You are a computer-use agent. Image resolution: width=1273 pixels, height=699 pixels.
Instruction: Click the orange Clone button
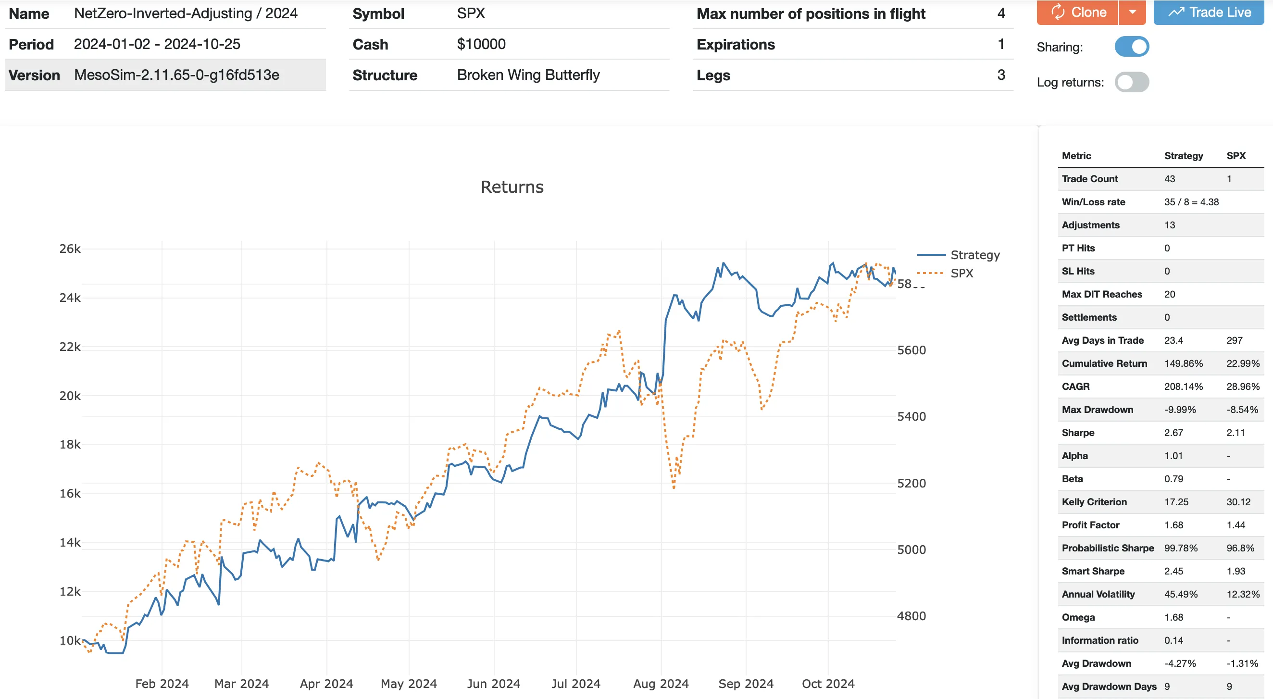1077,12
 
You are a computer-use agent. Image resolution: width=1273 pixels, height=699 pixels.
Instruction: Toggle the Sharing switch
1131,47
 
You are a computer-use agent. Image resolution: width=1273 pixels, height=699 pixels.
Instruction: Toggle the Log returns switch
1131,82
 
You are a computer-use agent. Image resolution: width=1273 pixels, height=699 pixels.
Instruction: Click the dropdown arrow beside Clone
1132,12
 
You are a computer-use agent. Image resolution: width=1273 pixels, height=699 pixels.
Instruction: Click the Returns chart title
512,187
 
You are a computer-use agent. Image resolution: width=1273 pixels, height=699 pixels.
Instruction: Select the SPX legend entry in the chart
961,274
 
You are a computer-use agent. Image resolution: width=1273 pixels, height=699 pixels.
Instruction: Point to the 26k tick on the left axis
70,249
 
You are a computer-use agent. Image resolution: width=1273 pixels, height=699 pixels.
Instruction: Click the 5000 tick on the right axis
911,549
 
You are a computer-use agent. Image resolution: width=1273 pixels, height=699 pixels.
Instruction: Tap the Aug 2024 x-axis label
661,684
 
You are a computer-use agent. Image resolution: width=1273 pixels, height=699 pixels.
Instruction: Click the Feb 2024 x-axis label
162,684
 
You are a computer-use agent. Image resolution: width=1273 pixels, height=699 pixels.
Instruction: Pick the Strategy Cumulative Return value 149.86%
1183,363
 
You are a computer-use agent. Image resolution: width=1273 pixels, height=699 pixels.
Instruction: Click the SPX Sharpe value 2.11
1236,433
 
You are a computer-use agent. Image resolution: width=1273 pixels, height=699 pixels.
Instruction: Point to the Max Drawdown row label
1097,409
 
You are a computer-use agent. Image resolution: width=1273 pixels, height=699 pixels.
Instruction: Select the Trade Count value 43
1169,179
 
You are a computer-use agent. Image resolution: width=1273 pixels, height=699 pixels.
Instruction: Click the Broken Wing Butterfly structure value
528,75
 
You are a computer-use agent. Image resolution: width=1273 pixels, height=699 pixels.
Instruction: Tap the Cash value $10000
481,45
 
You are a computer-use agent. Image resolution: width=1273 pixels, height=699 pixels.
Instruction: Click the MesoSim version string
176,75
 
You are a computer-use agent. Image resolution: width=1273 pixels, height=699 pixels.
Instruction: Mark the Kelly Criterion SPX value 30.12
1238,502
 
